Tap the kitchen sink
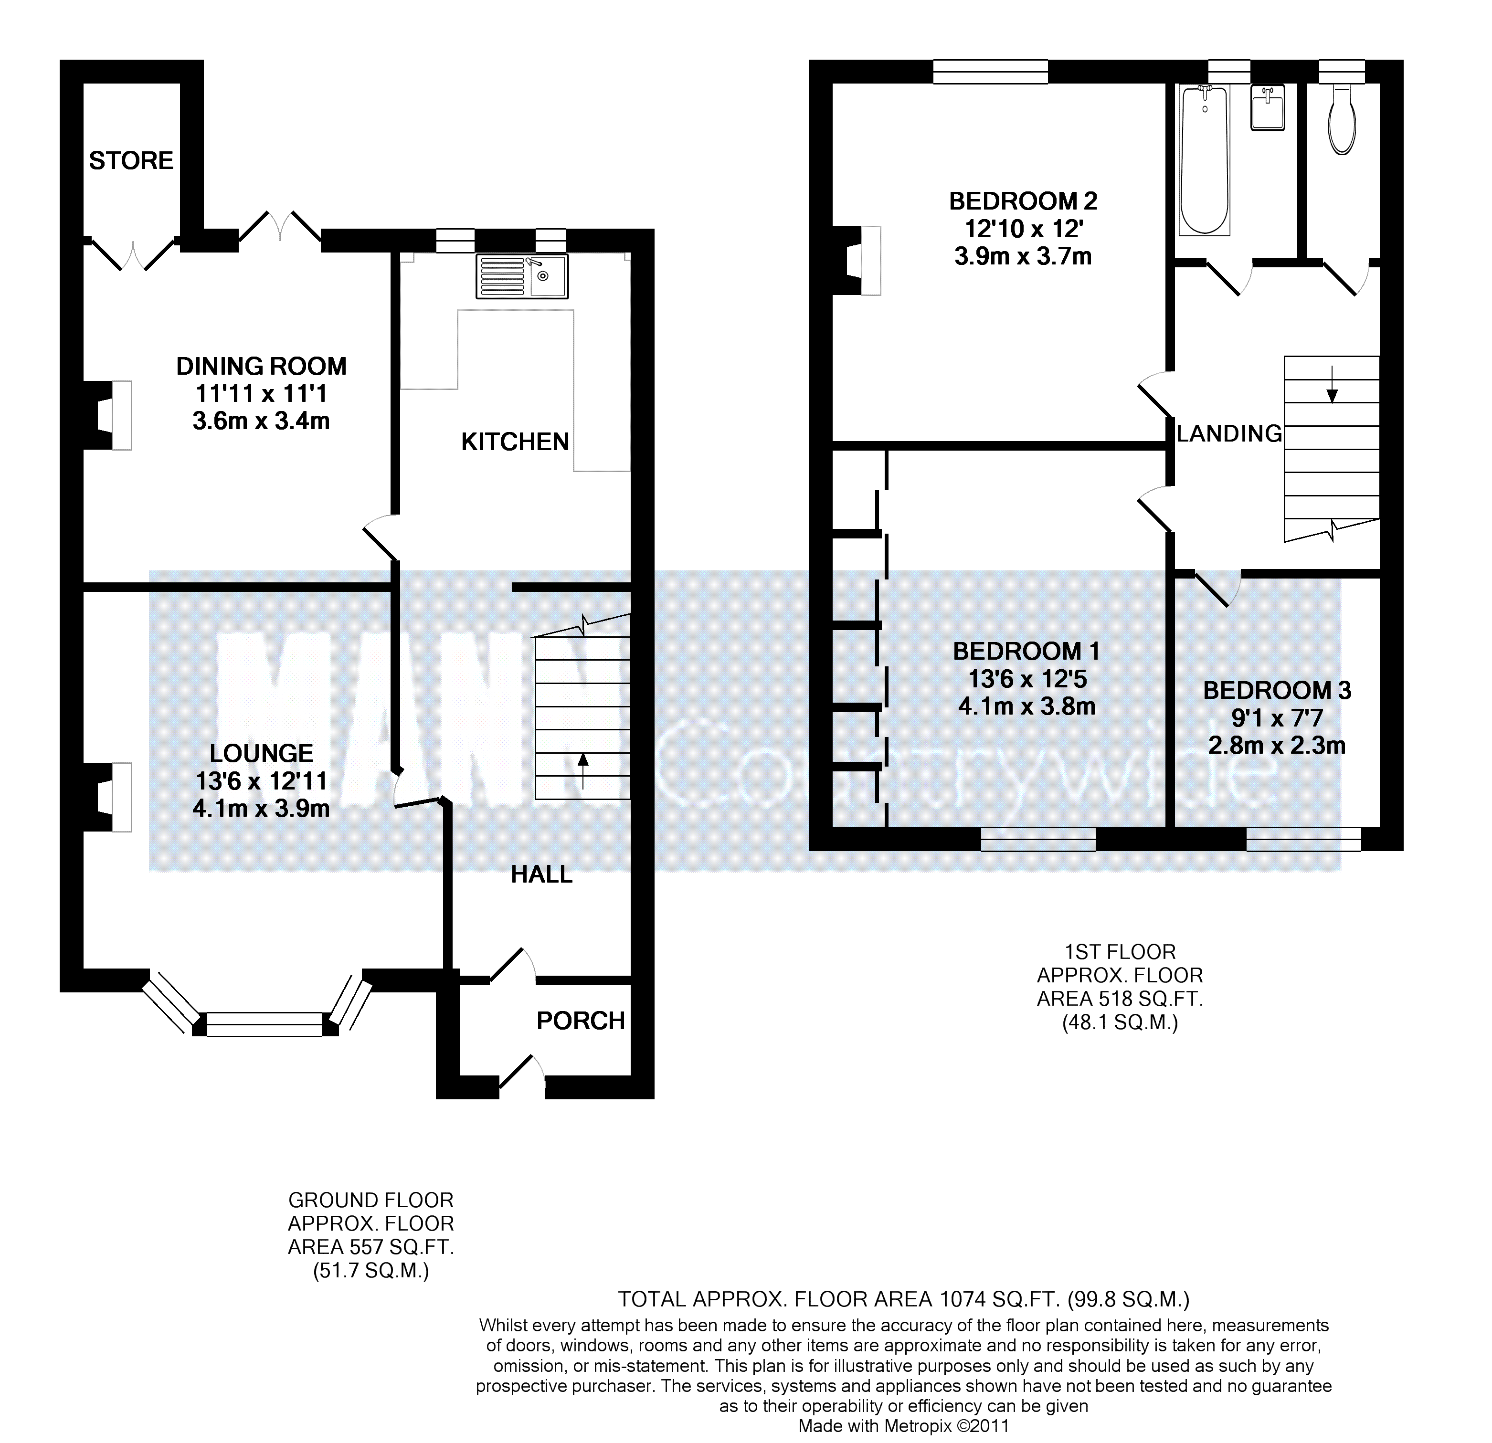pos(522,275)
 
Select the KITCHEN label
pos(515,442)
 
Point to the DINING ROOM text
pos(261,366)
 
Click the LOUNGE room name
pos(261,753)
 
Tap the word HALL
pos(541,874)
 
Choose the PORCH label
pos(581,1021)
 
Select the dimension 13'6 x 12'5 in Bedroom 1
pos(1027,679)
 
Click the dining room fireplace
pos(107,415)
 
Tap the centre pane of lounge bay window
pos(265,1024)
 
